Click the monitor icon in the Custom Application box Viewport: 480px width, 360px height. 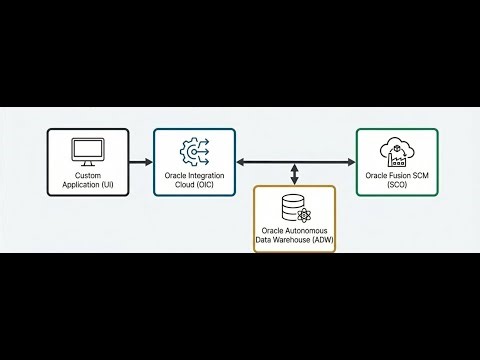click(x=87, y=149)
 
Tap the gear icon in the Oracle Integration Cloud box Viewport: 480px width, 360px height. click(x=193, y=150)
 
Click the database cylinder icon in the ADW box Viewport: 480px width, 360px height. click(x=294, y=207)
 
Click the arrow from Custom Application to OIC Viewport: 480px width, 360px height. click(x=140, y=161)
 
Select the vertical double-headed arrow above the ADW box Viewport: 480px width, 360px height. click(x=294, y=172)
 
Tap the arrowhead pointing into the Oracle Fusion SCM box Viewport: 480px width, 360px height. click(x=350, y=161)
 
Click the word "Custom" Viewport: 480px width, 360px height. click(x=87, y=175)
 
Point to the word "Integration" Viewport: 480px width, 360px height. click(x=208, y=175)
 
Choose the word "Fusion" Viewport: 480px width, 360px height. click(x=392, y=175)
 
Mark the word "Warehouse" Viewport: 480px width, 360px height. click(x=294, y=241)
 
